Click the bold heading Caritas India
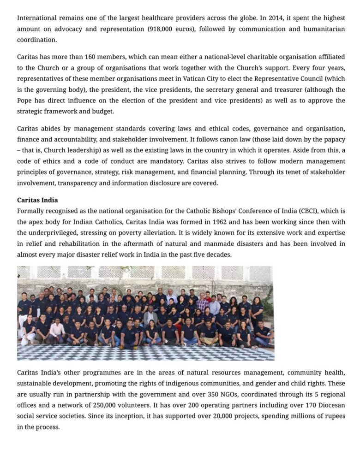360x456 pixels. tap(37, 200)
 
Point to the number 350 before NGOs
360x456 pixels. tap(233, 394)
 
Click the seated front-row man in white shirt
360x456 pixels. tap(58, 330)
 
